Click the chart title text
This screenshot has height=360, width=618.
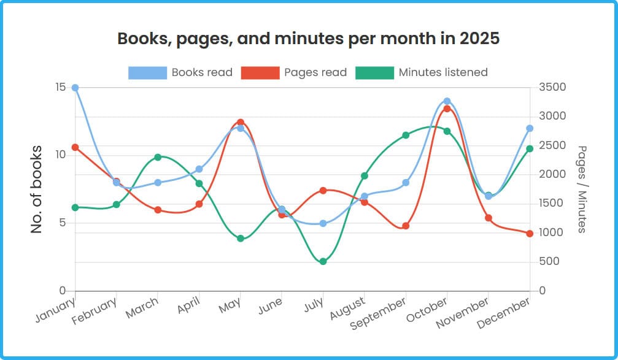pyautogui.click(x=308, y=39)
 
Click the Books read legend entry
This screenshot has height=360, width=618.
pyautogui.click(x=180, y=72)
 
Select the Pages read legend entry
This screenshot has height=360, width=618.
pyautogui.click(x=294, y=72)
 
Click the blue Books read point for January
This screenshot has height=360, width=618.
pyautogui.click(x=75, y=88)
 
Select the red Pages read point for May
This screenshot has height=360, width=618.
pyautogui.click(x=241, y=123)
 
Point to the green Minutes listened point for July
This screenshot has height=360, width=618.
pyautogui.click(x=323, y=262)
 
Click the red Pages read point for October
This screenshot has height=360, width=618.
pyautogui.click(x=447, y=109)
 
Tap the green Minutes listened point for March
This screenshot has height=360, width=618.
pyautogui.click(x=158, y=157)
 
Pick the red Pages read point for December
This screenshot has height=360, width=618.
pyautogui.click(x=530, y=234)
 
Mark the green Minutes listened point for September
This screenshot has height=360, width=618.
pyautogui.click(x=406, y=135)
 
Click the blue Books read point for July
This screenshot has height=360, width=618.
pyautogui.click(x=323, y=223)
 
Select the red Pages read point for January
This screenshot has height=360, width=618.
pyautogui.click(x=75, y=147)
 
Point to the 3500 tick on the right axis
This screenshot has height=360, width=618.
pyautogui.click(x=552, y=88)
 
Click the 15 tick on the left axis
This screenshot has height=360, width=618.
pyautogui.click(x=60, y=88)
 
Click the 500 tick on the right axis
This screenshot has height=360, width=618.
pyautogui.click(x=549, y=262)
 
